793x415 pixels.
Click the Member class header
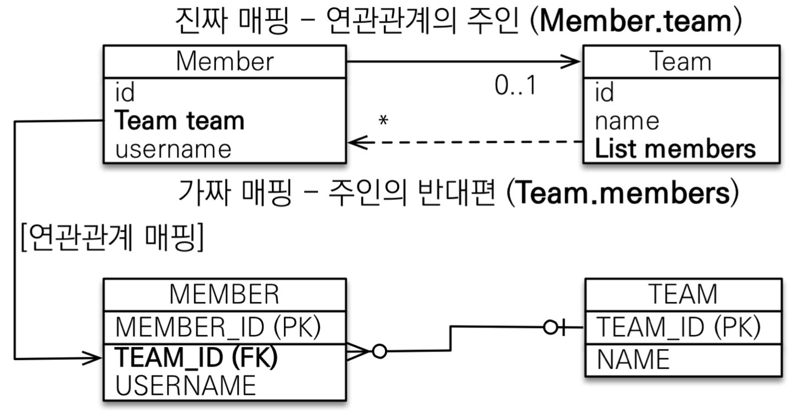click(224, 62)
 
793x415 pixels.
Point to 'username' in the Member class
click(174, 149)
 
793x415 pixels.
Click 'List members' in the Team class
click(675, 149)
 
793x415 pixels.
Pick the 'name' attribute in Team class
click(627, 121)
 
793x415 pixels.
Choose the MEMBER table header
click(224, 294)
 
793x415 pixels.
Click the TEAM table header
click(683, 294)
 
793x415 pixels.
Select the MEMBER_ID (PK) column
click(219, 328)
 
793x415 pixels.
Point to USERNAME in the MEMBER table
click(186, 385)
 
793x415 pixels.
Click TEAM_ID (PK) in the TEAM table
click(679, 328)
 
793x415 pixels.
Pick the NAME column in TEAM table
click(633, 360)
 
